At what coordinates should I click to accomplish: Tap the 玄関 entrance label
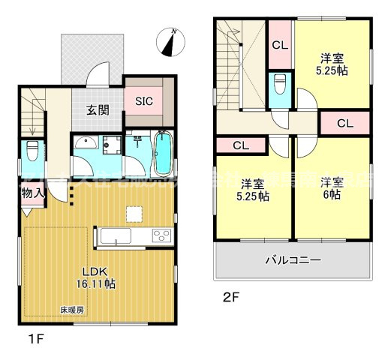98,110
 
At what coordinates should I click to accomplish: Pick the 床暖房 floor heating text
73,310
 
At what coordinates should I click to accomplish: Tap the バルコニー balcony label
293,261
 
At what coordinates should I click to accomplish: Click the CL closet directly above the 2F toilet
280,46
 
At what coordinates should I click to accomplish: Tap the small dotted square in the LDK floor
134,216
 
